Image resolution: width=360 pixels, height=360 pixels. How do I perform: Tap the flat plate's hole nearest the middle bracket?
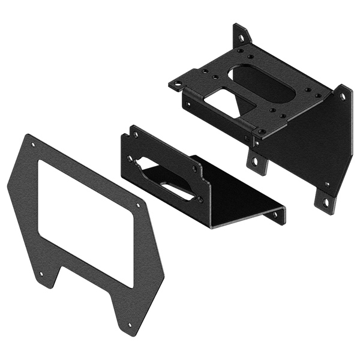click(x=139, y=205)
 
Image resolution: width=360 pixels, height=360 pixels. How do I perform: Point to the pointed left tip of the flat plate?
click(x=8, y=187)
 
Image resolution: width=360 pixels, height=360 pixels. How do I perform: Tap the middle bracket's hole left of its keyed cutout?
click(x=129, y=158)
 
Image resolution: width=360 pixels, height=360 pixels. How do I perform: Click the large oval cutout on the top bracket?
click(x=258, y=84)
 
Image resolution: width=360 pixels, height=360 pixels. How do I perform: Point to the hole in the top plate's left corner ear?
click(x=177, y=84)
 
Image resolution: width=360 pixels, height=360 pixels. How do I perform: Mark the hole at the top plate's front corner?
click(x=262, y=131)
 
